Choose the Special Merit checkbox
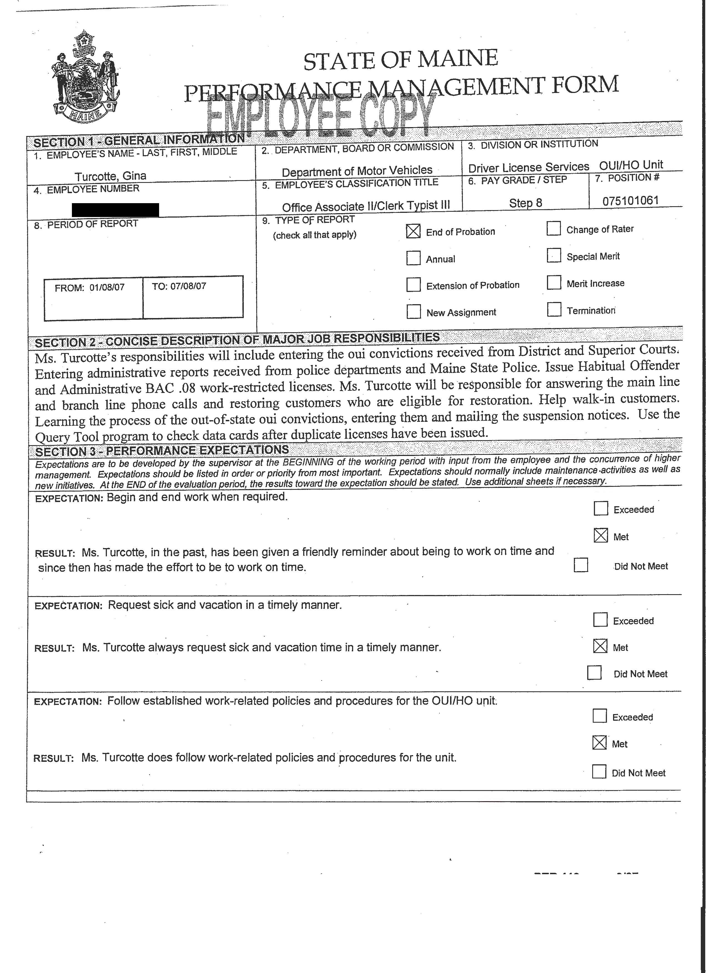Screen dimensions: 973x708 point(554,256)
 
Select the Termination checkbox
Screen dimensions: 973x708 point(554,309)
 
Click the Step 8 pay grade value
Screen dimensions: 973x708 point(525,203)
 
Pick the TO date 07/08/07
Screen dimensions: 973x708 point(188,286)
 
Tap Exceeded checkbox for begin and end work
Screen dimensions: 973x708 point(601,509)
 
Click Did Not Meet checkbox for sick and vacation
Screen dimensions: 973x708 point(594,673)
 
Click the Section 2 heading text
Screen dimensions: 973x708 point(237,340)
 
